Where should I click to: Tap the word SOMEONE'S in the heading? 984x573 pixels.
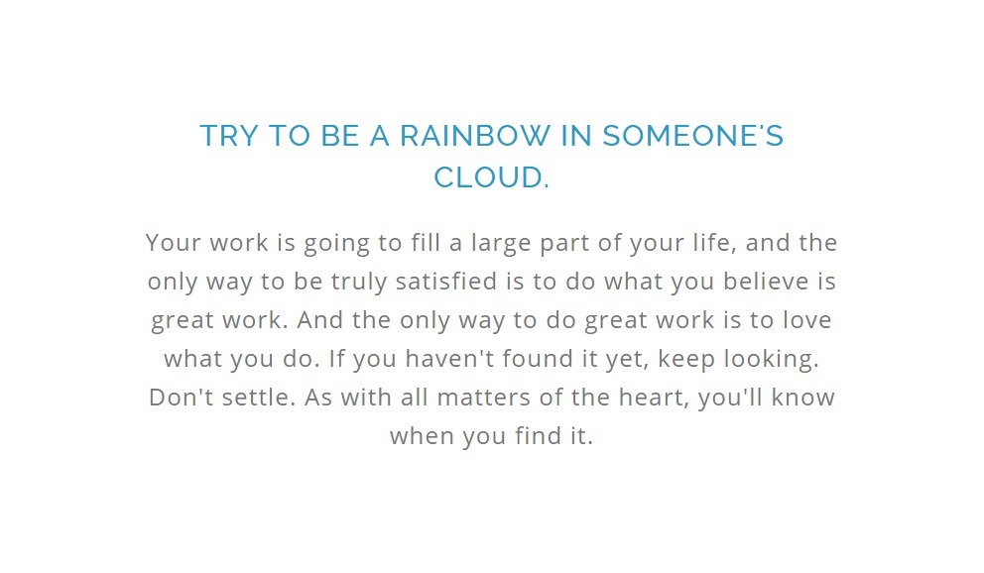[x=692, y=136]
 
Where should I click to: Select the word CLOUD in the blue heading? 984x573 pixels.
[x=488, y=176]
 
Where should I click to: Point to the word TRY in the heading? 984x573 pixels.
[x=228, y=136]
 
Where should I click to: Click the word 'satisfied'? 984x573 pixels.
[x=446, y=281]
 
